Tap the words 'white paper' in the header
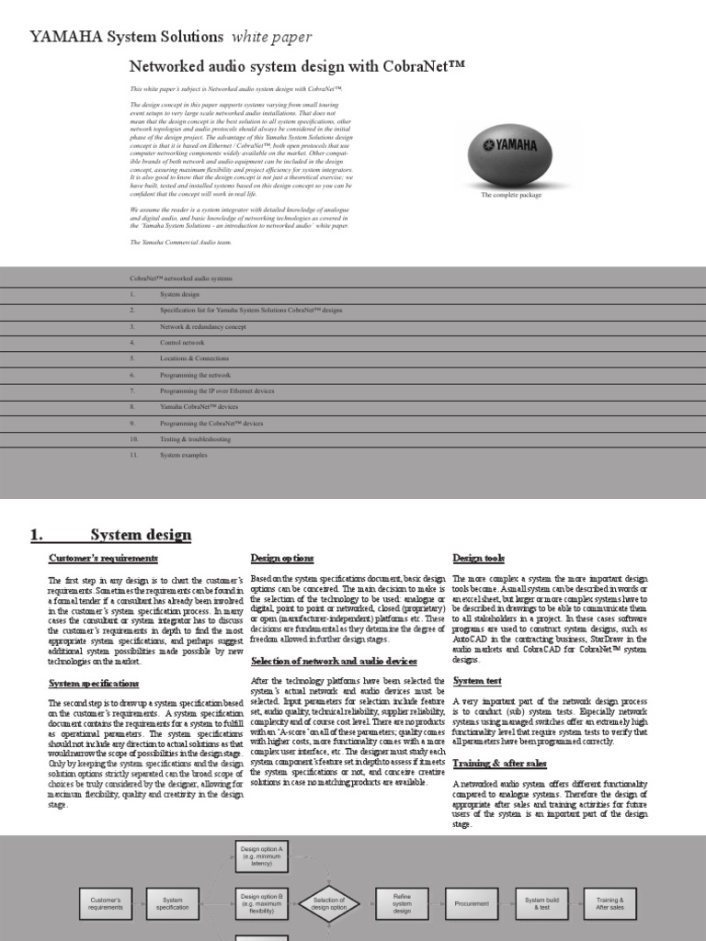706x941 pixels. click(x=271, y=37)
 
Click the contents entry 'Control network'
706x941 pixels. click(x=183, y=342)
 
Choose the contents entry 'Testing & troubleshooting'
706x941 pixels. click(x=195, y=439)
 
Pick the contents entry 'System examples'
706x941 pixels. click(x=184, y=455)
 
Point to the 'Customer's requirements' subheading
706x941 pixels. click(x=103, y=558)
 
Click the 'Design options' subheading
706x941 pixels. click(x=282, y=558)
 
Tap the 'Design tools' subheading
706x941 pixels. click(x=479, y=558)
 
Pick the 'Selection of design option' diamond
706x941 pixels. click(x=330, y=904)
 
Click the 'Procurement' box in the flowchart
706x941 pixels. click(x=472, y=903)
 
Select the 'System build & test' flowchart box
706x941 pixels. click(x=542, y=904)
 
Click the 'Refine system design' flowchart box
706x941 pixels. click(x=402, y=904)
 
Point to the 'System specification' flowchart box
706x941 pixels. click(x=173, y=904)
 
